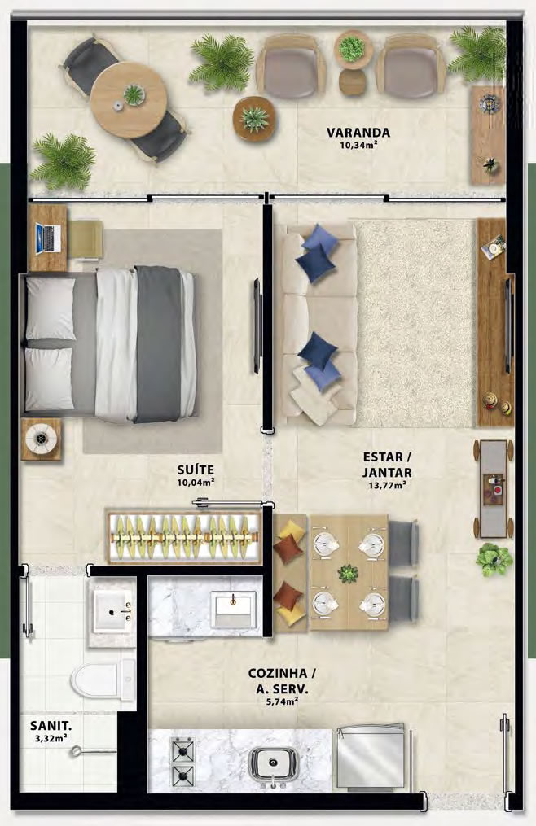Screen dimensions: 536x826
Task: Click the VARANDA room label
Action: coord(358,132)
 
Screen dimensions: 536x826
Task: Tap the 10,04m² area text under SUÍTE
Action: coord(196,482)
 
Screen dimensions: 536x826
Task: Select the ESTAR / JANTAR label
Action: coord(387,464)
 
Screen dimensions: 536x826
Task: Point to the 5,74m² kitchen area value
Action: coord(282,701)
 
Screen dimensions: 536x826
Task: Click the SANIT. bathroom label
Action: coord(51,727)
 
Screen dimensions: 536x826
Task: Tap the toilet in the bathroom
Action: coord(103,680)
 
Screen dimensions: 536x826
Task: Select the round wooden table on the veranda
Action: coord(129,100)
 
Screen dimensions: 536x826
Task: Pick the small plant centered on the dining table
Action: coord(348,573)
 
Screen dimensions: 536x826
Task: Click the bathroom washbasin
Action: coord(112,611)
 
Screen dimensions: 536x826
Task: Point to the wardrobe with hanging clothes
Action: coord(184,537)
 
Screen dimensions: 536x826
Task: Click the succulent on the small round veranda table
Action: coord(255,119)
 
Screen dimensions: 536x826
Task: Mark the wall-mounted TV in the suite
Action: coord(257,326)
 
